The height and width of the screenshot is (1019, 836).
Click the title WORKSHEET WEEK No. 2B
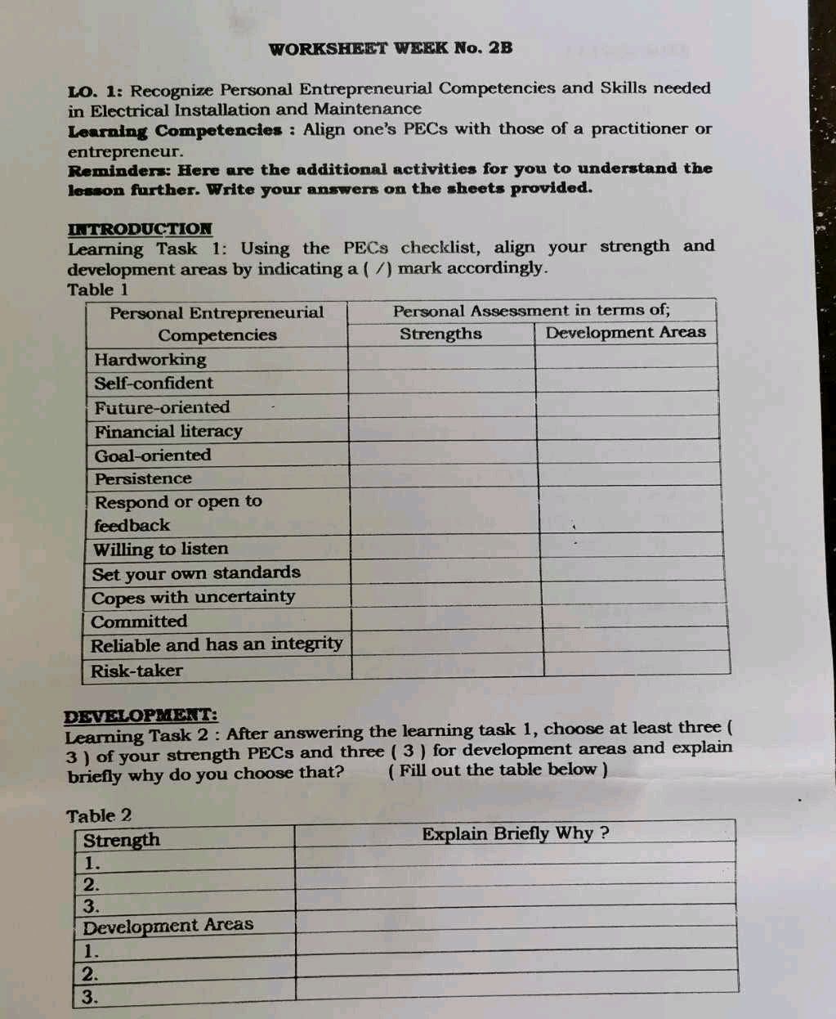click(x=391, y=47)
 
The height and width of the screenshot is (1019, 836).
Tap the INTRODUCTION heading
click(x=140, y=229)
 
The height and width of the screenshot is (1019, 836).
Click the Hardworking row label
click(x=150, y=359)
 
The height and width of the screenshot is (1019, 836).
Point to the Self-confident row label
click(x=154, y=383)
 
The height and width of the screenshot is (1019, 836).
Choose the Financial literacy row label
click(x=168, y=431)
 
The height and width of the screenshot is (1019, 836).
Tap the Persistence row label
click(x=143, y=478)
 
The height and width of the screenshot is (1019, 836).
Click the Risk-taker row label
click(x=137, y=671)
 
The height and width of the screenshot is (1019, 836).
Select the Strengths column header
click(x=440, y=334)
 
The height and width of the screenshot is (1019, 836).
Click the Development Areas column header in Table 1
click(x=625, y=332)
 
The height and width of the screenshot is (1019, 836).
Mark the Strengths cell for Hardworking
click(x=441, y=358)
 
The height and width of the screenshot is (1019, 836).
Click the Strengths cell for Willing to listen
click(x=444, y=545)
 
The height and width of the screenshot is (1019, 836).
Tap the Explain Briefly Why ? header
click(x=516, y=833)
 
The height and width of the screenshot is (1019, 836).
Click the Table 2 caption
click(x=98, y=815)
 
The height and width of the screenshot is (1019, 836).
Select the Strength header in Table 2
click(x=122, y=840)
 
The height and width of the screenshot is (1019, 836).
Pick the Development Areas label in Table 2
click(x=168, y=926)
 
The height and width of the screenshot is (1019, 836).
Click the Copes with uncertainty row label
click(x=194, y=597)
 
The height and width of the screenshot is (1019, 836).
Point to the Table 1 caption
click(x=98, y=290)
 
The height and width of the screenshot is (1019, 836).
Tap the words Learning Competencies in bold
click(x=175, y=131)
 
